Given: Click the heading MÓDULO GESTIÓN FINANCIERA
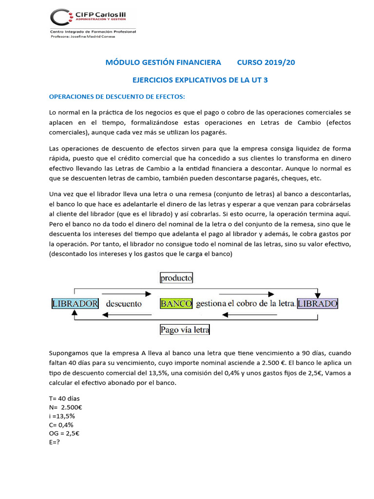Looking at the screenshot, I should pyautogui.click(x=164, y=62).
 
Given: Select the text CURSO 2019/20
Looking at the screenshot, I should pyautogui.click(x=266, y=62).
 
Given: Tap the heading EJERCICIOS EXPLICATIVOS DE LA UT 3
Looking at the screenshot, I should pyautogui.click(x=201, y=79).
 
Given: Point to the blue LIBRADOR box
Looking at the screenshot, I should pyautogui.click(x=75, y=304).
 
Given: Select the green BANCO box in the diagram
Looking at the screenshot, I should pyautogui.click(x=176, y=304).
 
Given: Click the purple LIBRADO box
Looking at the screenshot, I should pyautogui.click(x=318, y=304).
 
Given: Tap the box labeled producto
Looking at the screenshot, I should pyautogui.click(x=176, y=278).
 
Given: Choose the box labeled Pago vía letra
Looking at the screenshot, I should pyautogui.click(x=185, y=330).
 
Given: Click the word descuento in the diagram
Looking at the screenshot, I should pyautogui.click(x=124, y=304).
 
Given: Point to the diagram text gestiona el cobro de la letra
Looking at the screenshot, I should pyautogui.click(x=245, y=304).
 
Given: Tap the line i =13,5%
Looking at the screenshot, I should pyautogui.click(x=62, y=416).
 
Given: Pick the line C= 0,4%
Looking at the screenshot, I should pyautogui.click(x=62, y=425).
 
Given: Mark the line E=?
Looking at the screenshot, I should pyautogui.click(x=55, y=442).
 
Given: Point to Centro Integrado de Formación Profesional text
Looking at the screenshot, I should pyautogui.click(x=93, y=31).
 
